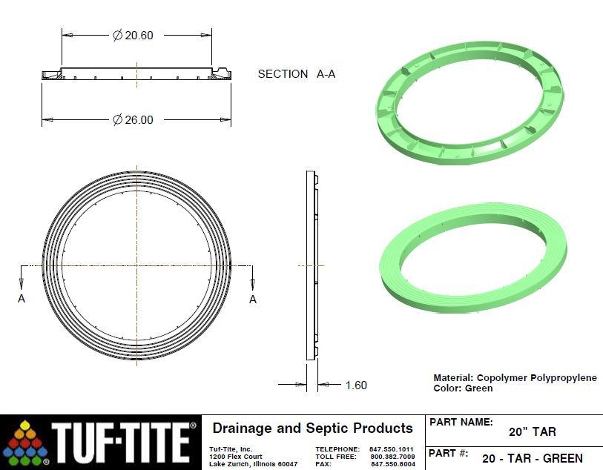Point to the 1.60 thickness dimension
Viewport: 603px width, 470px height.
[355, 385]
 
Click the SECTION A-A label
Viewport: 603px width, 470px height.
[296, 74]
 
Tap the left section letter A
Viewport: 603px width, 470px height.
[21, 299]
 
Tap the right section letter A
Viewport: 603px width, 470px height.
[253, 299]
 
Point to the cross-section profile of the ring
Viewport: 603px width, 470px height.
[136, 74]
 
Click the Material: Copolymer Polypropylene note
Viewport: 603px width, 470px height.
[515, 377]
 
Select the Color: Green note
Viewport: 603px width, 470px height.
[463, 388]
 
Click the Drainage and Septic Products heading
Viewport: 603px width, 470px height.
[312, 428]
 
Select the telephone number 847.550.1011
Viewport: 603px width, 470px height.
[391, 449]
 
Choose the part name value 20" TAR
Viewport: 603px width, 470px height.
[532, 431]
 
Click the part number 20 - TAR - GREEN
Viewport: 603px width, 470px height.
[532, 458]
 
